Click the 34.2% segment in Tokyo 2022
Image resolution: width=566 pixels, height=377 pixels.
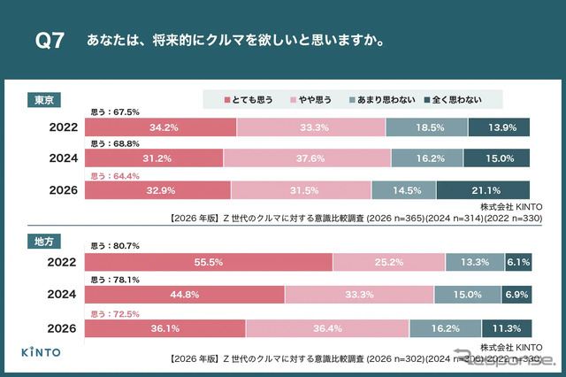click(160, 127)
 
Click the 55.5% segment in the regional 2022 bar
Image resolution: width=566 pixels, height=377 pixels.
click(208, 263)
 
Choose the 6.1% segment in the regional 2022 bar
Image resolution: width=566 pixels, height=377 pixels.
click(517, 263)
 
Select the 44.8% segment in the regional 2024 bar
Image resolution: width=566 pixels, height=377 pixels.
click(184, 295)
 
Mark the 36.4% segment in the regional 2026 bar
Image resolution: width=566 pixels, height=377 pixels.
click(327, 327)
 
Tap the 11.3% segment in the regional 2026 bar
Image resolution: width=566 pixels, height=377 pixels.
click(506, 327)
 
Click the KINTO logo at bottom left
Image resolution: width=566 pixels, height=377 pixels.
click(42, 351)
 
